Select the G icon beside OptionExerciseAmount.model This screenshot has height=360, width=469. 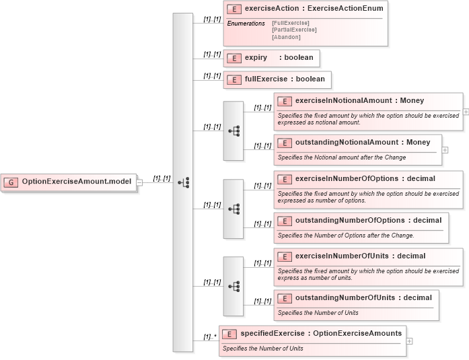(x=11, y=182)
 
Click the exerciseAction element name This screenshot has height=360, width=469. (x=273, y=9)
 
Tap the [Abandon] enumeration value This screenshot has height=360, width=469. (x=286, y=36)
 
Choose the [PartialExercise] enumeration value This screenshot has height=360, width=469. (x=294, y=30)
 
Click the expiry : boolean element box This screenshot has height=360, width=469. (x=271, y=58)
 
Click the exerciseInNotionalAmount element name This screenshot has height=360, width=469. (x=343, y=100)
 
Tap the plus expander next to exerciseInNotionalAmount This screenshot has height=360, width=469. (x=466, y=112)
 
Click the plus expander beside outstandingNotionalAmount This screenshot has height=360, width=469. (x=445, y=150)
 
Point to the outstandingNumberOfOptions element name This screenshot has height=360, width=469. (x=349, y=220)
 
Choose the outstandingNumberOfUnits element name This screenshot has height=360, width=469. (x=345, y=298)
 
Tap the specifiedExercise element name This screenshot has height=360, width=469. (x=273, y=333)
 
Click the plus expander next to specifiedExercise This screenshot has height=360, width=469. (x=410, y=341)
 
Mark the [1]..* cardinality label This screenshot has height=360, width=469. (x=210, y=336)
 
